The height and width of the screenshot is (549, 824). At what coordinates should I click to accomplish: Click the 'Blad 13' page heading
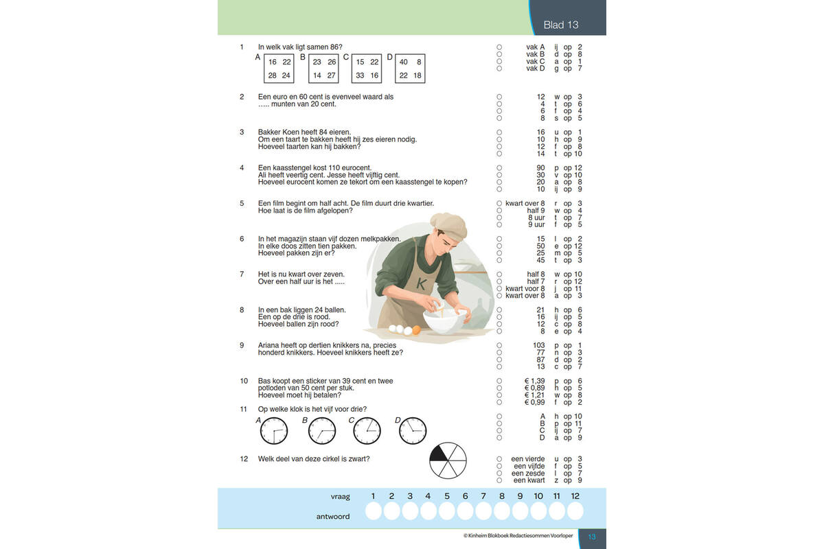click(560, 25)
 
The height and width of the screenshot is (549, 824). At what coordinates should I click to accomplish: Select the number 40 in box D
click(404, 62)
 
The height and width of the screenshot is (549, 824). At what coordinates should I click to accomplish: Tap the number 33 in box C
click(360, 75)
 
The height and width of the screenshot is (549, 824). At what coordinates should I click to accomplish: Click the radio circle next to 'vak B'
click(499, 54)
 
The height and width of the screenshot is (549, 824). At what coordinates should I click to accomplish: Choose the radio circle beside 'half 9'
click(499, 211)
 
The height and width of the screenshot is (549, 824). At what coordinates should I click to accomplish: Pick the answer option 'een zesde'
click(528, 474)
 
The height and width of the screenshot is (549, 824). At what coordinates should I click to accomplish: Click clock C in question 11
click(367, 430)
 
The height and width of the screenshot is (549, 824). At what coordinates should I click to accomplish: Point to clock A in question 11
click(274, 430)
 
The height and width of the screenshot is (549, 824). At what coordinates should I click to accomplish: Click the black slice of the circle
click(439, 454)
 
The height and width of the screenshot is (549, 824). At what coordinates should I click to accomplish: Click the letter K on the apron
click(422, 283)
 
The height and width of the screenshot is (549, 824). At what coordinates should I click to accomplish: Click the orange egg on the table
click(416, 330)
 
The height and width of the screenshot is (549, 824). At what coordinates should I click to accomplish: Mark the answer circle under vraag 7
click(483, 511)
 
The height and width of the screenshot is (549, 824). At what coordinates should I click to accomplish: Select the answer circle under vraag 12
click(575, 511)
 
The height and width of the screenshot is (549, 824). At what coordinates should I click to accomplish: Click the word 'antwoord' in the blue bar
click(333, 517)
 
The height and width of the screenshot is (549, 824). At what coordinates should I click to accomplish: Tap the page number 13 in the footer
click(592, 537)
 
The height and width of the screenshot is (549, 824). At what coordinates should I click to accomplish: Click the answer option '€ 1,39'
click(534, 381)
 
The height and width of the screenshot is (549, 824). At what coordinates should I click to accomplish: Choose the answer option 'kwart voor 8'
click(525, 289)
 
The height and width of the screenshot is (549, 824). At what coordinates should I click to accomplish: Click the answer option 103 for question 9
click(539, 345)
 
